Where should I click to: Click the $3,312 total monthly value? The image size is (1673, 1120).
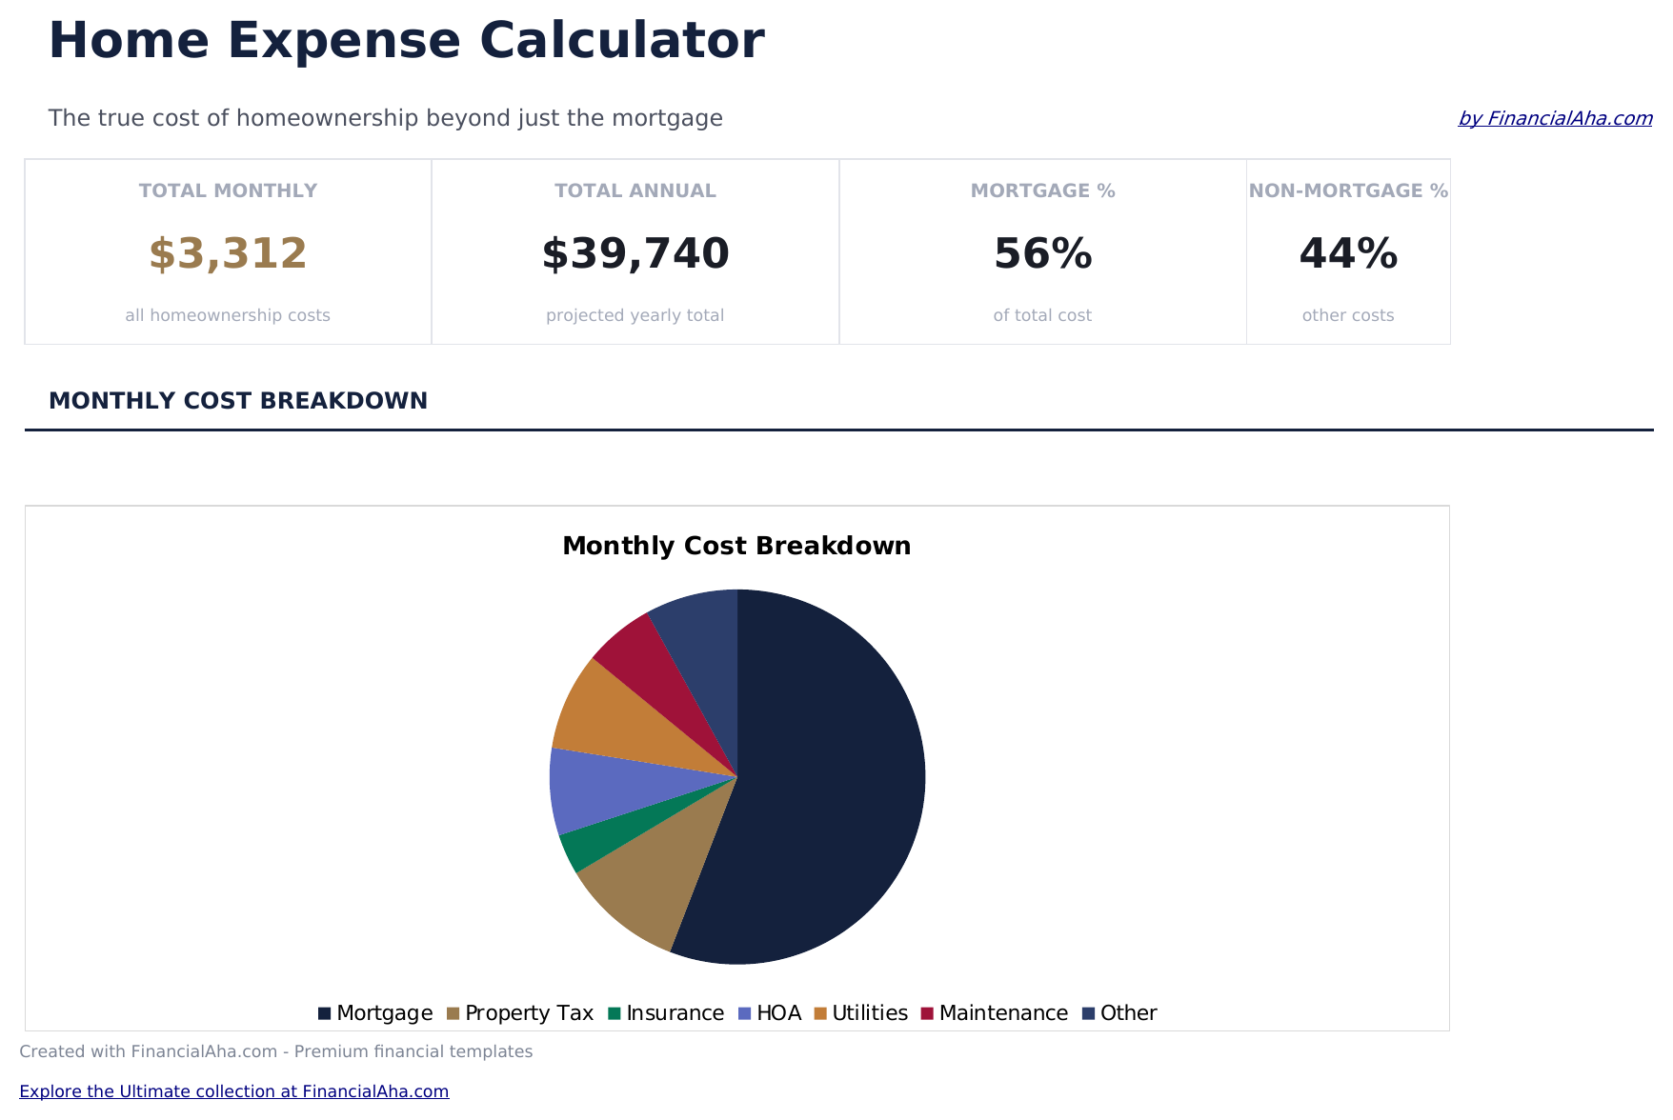coord(228,254)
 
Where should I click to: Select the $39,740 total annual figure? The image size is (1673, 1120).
coord(635,254)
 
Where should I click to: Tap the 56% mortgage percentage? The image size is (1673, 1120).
coord(1042,254)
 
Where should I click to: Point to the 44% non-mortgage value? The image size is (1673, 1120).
coord(1348,254)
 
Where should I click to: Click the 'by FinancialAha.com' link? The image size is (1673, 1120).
coord(1555,118)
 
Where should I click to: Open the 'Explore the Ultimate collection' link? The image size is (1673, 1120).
coord(233,1091)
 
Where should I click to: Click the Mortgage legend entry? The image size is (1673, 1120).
coord(375,1013)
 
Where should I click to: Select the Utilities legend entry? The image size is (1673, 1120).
coord(861,1013)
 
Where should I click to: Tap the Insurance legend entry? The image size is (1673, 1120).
coord(666,1013)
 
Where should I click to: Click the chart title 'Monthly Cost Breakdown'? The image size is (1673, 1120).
coord(736,547)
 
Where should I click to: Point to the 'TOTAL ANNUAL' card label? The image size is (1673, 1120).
coord(635,191)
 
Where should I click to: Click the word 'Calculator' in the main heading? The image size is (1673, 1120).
coord(621,42)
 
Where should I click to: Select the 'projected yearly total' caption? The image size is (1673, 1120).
coord(635,315)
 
